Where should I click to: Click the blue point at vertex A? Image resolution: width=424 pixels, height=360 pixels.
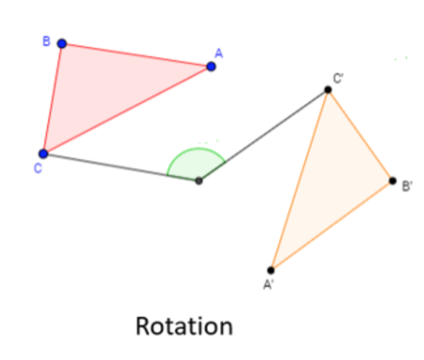coord(211,66)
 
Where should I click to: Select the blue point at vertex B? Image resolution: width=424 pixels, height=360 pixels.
coord(62,44)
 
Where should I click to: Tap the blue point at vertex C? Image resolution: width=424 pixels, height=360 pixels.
coord(44,154)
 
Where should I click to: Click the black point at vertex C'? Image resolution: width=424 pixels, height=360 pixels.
coord(328,91)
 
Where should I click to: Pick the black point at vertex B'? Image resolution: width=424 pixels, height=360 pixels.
coord(392,181)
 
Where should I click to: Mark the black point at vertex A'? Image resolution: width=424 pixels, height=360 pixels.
coord(271,270)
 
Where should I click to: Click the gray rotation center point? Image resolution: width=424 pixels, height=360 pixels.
coord(199,181)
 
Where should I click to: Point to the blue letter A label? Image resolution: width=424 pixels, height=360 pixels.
coord(219,53)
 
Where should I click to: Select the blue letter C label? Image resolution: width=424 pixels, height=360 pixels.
coord(38,169)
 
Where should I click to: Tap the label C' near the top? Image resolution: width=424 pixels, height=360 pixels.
coord(339,79)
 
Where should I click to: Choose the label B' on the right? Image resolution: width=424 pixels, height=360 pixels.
coord(406,188)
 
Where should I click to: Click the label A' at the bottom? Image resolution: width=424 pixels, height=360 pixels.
coord(267,284)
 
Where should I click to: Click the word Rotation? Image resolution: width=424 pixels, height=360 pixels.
coord(183,325)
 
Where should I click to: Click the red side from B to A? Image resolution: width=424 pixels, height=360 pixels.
coord(136,55)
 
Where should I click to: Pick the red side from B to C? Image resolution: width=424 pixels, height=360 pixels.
coord(53,98)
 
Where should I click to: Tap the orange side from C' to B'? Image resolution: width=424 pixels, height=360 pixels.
coord(360,136)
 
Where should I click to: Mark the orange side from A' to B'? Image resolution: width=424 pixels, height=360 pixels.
coord(331,226)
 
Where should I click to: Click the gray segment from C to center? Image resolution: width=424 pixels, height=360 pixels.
coord(121,167)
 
